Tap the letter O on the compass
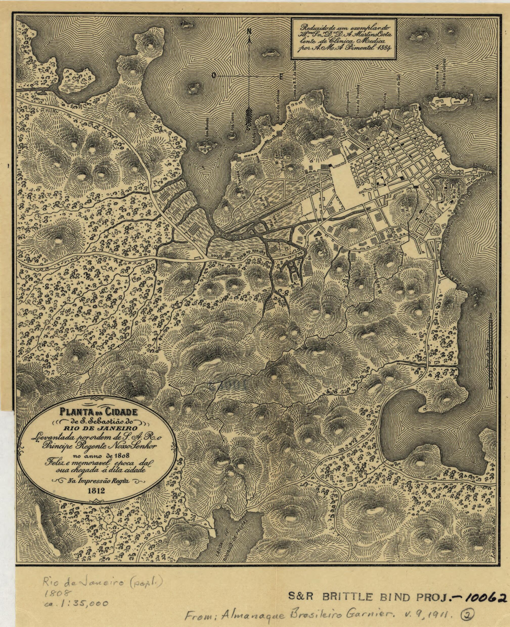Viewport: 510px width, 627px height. [215, 76]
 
